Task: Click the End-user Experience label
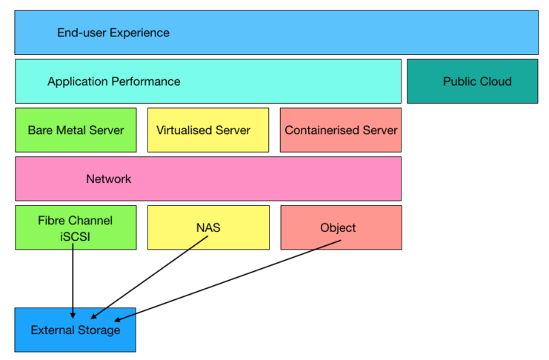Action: (x=113, y=33)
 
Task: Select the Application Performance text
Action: (x=113, y=81)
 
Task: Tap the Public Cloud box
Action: (x=472, y=81)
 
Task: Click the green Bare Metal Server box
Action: (x=76, y=130)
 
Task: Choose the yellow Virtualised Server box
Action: (x=207, y=130)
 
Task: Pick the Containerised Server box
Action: (x=341, y=130)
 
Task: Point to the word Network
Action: (x=108, y=179)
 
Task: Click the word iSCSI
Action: (x=75, y=235)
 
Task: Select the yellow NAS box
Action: (x=208, y=227)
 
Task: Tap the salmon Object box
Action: (x=341, y=227)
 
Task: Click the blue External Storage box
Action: (x=75, y=330)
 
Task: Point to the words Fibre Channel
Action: (x=75, y=220)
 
